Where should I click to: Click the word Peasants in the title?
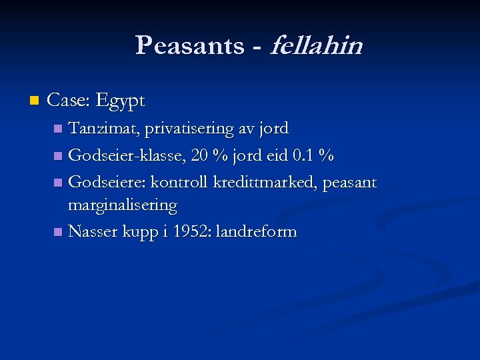(x=189, y=46)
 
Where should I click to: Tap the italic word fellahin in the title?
(x=316, y=46)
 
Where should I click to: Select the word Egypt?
(x=121, y=101)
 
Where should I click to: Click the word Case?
(x=70, y=101)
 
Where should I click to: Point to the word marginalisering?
(x=123, y=205)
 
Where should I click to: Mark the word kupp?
(x=140, y=233)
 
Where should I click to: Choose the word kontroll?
(x=181, y=182)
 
